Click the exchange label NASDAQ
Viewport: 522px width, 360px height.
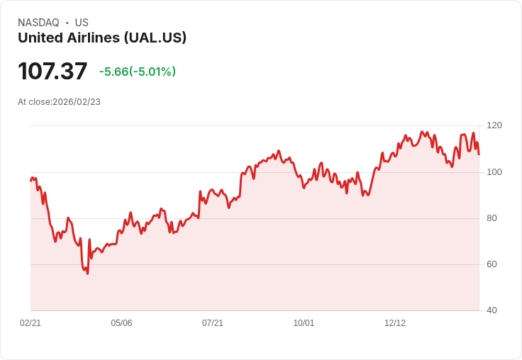click(x=38, y=23)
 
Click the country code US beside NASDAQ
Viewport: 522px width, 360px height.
click(x=82, y=23)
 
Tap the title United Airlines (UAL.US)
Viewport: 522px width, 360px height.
click(x=102, y=38)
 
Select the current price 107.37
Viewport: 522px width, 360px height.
click(x=52, y=71)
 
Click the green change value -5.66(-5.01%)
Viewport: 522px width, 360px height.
click(x=138, y=72)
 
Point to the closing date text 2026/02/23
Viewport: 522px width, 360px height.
click(x=77, y=102)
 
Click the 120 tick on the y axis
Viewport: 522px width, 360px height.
click(x=494, y=125)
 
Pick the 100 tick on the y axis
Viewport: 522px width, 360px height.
click(x=494, y=171)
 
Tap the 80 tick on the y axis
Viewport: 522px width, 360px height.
click(x=492, y=218)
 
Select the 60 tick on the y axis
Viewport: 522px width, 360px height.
click(x=492, y=264)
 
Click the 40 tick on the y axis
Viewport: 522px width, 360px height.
click(x=492, y=310)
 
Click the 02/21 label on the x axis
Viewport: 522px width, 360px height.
click(x=30, y=323)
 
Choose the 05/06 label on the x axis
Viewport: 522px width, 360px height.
click(x=121, y=323)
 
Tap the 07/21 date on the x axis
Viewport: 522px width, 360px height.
click(x=213, y=323)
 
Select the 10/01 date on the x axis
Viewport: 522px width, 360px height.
click(x=304, y=323)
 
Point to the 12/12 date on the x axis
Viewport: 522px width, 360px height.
click(x=395, y=323)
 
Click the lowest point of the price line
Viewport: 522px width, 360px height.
click(x=87, y=274)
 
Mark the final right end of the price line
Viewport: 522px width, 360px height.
click(x=479, y=154)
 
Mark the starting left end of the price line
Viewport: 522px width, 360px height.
click(x=30, y=181)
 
